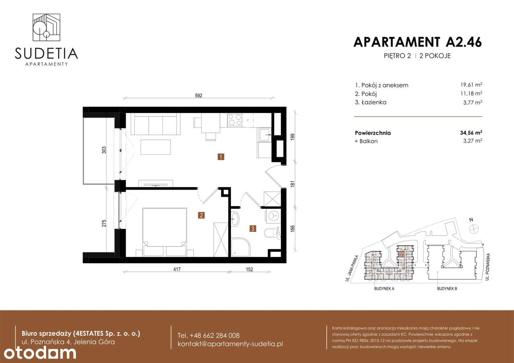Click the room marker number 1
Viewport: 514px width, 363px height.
click(x=221, y=157)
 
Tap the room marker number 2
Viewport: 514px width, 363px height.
click(x=201, y=215)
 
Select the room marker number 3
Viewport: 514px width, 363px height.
click(x=252, y=229)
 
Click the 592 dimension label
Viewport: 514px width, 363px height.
click(x=198, y=96)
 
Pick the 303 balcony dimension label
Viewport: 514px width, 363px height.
click(x=104, y=150)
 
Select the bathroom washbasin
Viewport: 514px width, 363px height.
click(x=235, y=219)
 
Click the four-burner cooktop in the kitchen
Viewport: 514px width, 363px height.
click(x=235, y=120)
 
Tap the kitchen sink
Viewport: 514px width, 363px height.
click(x=265, y=135)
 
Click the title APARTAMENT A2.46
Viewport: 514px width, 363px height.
click(x=417, y=42)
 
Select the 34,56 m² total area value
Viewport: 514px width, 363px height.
click(x=470, y=133)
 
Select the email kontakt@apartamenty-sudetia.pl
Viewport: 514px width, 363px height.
click(x=230, y=344)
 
